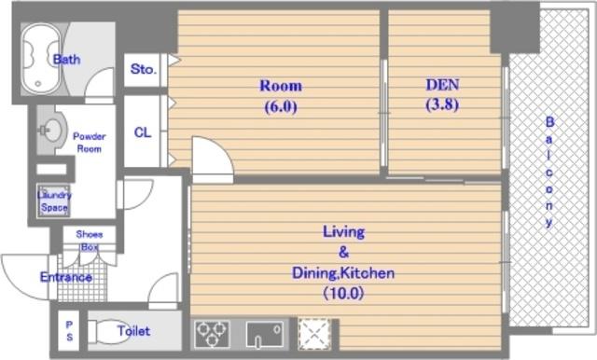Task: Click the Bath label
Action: [x=66, y=60]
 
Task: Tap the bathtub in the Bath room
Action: [x=41, y=60]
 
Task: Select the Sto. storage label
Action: [x=143, y=69]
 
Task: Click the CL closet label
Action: [x=143, y=132]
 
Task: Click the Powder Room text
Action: [x=90, y=143]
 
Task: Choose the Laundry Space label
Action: [x=54, y=201]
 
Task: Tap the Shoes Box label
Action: [x=90, y=240]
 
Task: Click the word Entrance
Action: [x=66, y=277]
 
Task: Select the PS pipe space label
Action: [x=69, y=331]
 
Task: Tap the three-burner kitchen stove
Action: [x=212, y=334]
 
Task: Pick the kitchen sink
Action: [x=265, y=334]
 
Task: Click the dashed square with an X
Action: [x=314, y=334]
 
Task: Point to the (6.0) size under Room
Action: [x=281, y=107]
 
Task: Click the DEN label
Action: [x=442, y=85]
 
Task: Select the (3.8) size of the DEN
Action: [x=442, y=104]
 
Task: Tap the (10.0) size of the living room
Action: [x=344, y=293]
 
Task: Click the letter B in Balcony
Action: [x=549, y=122]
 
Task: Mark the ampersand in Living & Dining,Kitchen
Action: [x=343, y=252]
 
